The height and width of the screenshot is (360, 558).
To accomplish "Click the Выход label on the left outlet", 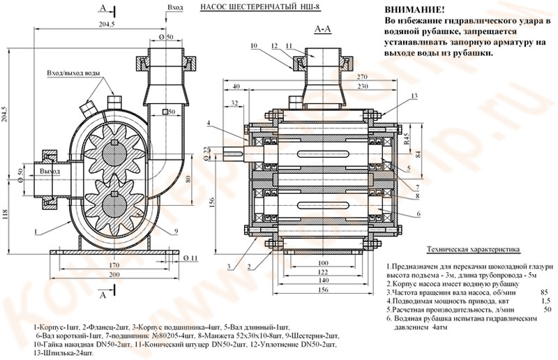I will (50, 170).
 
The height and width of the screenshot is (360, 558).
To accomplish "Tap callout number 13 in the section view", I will (414, 95).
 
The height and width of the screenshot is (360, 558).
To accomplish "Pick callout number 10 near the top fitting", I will (252, 45).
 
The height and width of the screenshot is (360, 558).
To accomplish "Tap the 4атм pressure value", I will (441, 326).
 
